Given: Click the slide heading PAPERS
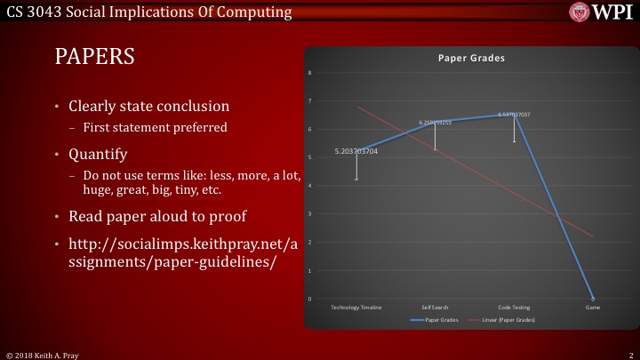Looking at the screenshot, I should click(95, 57).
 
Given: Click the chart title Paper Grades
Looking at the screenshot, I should click(471, 58).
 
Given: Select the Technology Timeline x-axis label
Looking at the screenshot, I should click(356, 307).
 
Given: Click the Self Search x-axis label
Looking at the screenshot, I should click(435, 307).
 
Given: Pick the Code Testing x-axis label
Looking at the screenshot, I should click(514, 307).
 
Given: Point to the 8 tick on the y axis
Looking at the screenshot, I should click(310, 73).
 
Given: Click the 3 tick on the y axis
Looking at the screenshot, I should click(310, 214).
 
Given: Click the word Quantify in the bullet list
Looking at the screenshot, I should click(99, 153).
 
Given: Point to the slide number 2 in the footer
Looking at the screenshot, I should click(629, 354).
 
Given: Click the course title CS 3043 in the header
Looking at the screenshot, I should click(35, 12).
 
